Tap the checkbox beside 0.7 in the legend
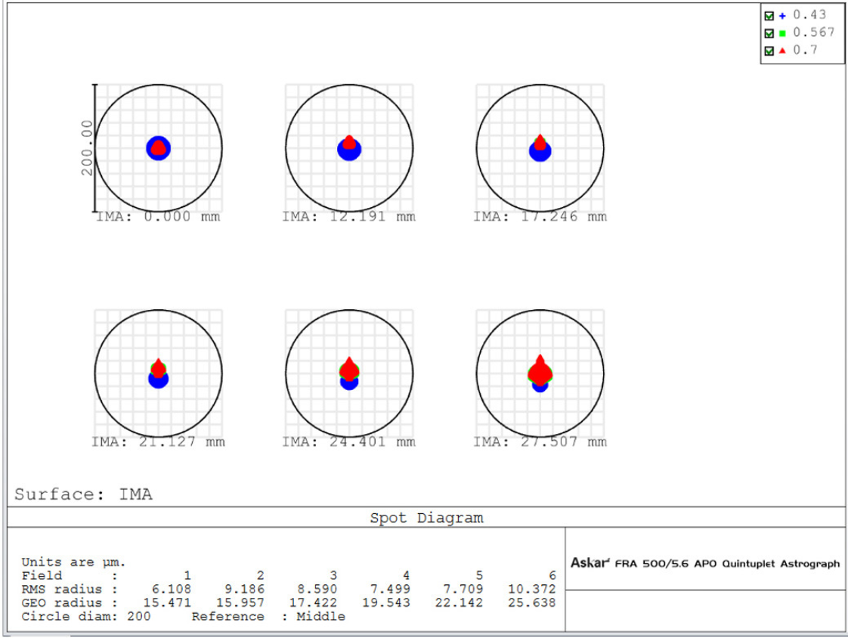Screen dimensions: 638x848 (x=769, y=50)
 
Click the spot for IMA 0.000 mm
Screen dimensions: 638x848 (x=158, y=148)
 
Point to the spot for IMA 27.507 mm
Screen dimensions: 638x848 (x=540, y=373)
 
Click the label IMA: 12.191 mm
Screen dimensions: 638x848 (x=348, y=217)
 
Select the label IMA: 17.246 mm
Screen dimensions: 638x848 (x=540, y=217)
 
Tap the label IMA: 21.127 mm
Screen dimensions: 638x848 (x=158, y=442)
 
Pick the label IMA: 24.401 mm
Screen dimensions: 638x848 (x=348, y=442)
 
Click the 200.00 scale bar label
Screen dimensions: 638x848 (x=87, y=147)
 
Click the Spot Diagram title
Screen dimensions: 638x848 (x=426, y=518)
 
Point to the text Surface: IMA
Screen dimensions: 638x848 (x=83, y=494)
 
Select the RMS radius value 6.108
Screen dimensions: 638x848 (x=173, y=588)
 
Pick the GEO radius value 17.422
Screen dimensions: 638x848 (x=319, y=602)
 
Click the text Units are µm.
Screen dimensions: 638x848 (x=73, y=562)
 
